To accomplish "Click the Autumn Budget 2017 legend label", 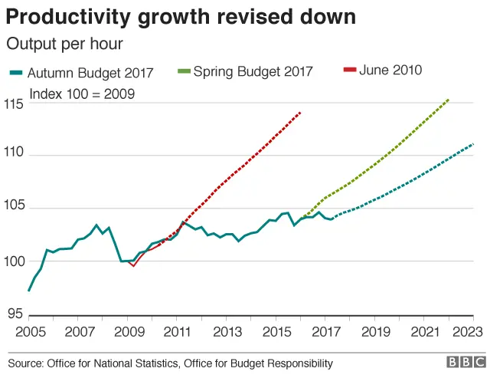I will [x=90, y=73].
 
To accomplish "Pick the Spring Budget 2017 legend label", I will [x=253, y=72].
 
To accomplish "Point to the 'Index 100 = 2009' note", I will [x=81, y=94].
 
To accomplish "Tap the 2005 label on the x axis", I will [x=28, y=332].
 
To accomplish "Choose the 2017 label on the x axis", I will [x=325, y=332].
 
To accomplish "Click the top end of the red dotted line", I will [x=300, y=112].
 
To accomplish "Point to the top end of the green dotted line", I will [x=449, y=99].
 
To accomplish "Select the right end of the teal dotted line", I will [x=474, y=144].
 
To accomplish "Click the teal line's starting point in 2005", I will [x=28, y=291].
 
